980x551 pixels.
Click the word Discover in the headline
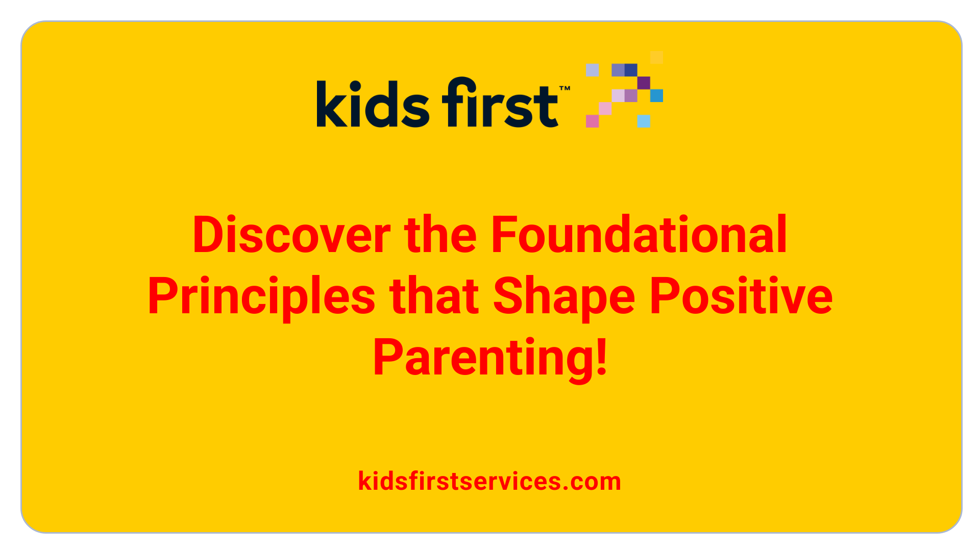click(291, 235)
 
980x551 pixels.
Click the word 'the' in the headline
click(440, 235)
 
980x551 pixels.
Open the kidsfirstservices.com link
click(489, 481)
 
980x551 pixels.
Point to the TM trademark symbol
click(565, 89)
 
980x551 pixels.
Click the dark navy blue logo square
click(631, 70)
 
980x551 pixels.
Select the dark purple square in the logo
click(644, 83)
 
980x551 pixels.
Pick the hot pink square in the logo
click(592, 121)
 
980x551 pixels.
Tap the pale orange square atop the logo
click(657, 57)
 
